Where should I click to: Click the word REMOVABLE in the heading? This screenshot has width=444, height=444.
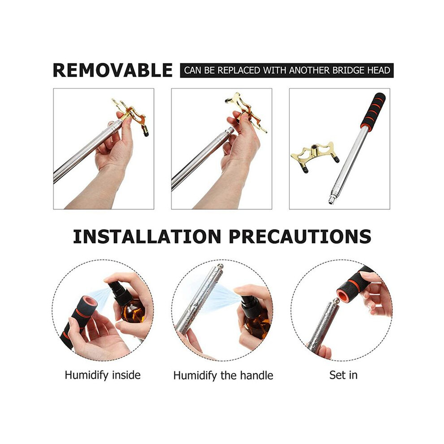(113, 70)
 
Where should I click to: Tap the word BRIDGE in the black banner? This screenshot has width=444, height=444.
(348, 70)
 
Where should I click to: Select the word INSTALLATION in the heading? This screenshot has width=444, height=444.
(147, 236)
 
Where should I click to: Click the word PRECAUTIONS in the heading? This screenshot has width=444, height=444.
(300, 236)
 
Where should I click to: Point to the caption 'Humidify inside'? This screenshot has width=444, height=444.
(103, 375)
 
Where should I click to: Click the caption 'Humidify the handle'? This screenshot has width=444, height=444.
(223, 375)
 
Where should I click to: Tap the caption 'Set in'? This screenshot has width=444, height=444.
(343, 375)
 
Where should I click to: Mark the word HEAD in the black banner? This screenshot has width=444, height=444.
(379, 70)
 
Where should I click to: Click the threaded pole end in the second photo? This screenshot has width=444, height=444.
(229, 131)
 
